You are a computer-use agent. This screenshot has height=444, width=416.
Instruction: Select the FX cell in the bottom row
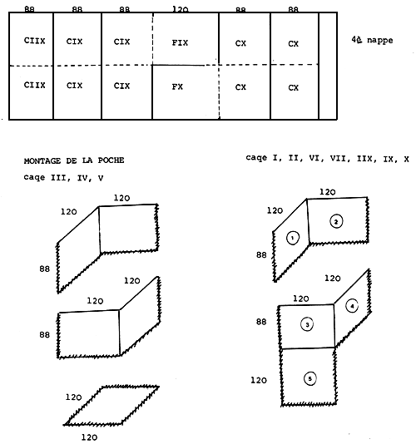178,86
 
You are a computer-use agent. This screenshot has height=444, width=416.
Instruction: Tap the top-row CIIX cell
35,40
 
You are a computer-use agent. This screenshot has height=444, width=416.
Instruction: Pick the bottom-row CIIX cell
35,85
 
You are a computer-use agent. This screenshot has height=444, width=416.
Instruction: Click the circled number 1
292,238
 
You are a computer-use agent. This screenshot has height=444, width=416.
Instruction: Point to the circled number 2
335,221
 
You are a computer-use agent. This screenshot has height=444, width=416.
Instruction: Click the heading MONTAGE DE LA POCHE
74,160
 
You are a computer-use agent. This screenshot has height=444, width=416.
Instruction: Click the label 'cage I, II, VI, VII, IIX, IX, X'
327,157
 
